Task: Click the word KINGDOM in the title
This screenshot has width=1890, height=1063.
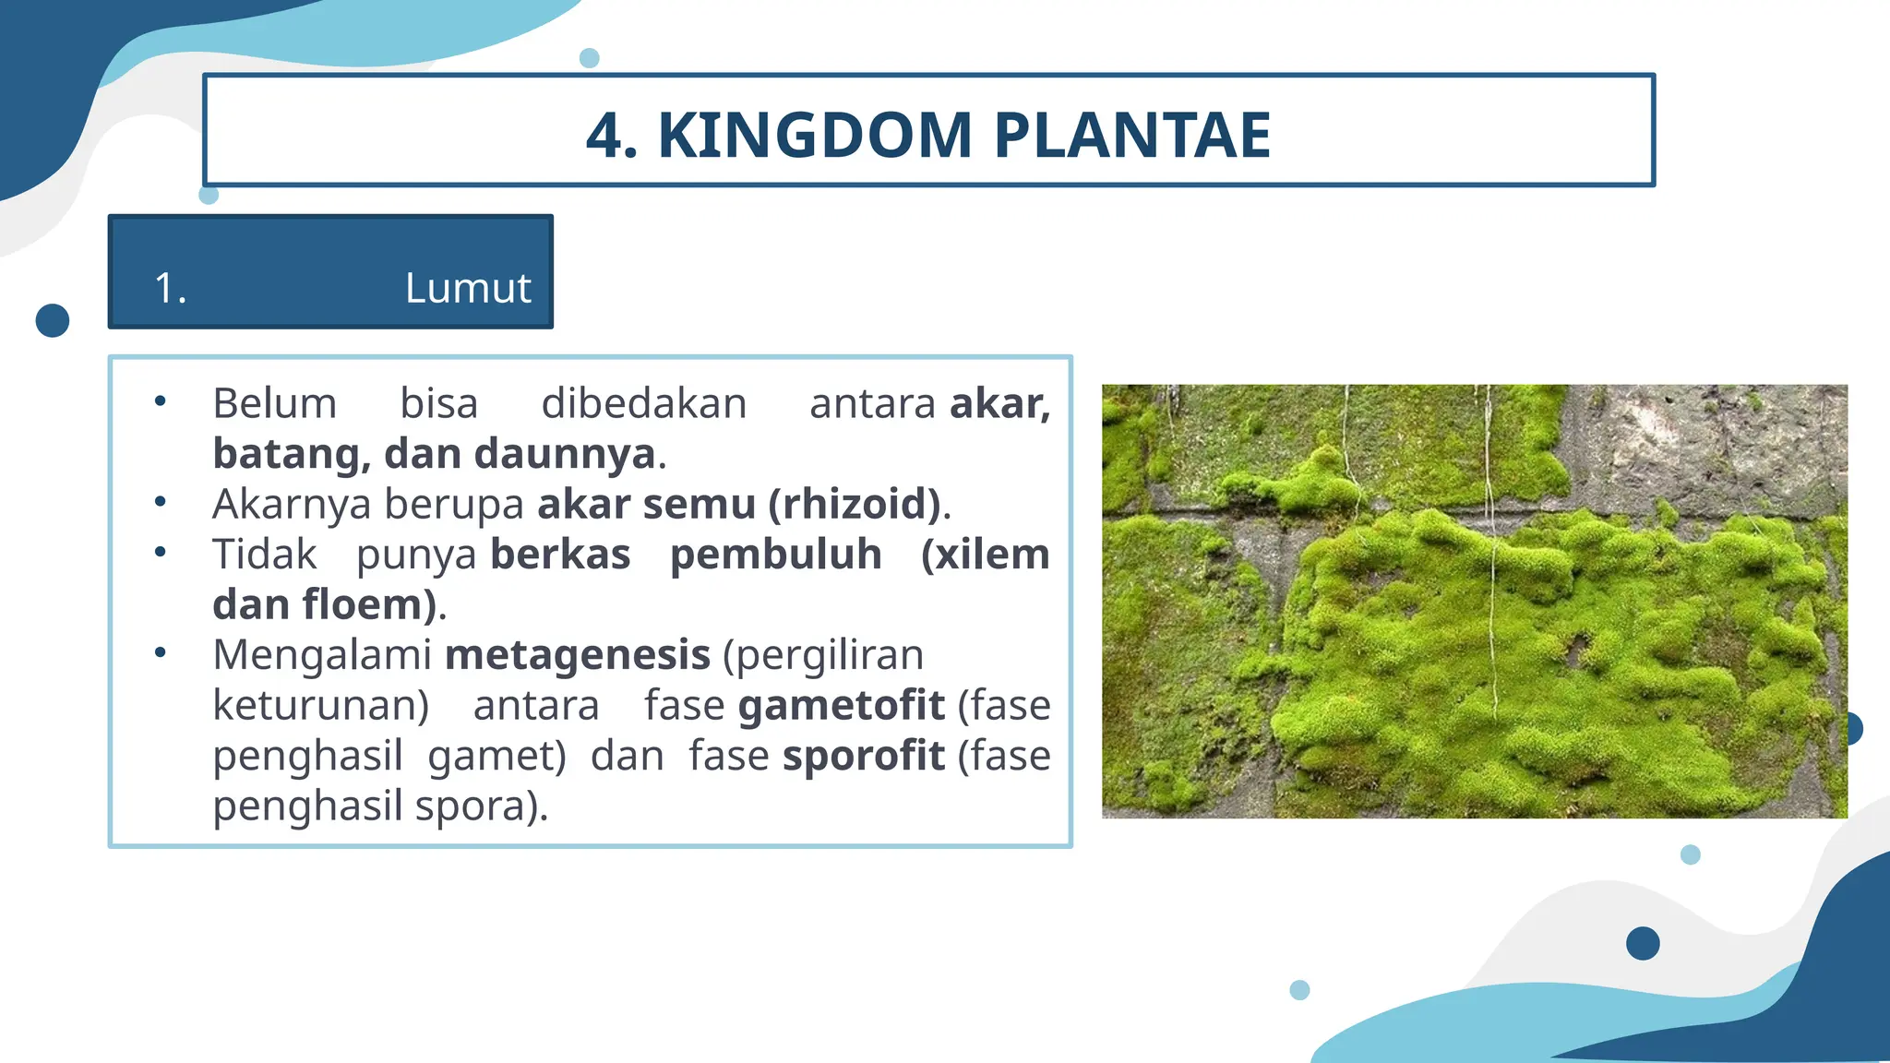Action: [815, 135]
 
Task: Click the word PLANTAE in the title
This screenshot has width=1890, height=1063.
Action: [1132, 135]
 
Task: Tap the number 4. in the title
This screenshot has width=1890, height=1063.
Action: [612, 135]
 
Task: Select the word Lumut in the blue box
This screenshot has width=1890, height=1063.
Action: [468, 288]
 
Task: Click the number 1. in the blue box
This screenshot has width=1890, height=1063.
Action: [171, 288]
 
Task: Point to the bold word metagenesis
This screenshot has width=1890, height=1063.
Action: [578, 655]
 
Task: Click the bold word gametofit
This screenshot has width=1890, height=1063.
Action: [841, 706]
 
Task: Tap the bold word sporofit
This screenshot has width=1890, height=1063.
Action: [863, 756]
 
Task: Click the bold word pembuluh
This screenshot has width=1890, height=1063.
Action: [775, 555]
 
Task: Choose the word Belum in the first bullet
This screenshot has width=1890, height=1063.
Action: [274, 404]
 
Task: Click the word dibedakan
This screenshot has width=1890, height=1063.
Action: [643, 404]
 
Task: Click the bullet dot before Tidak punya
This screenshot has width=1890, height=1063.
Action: [161, 553]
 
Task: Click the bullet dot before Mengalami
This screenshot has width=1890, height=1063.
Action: [161, 652]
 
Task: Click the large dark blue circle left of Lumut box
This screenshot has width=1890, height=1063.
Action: [53, 320]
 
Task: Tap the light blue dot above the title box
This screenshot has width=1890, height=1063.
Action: [590, 58]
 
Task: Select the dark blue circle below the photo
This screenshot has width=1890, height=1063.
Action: [1643, 943]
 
